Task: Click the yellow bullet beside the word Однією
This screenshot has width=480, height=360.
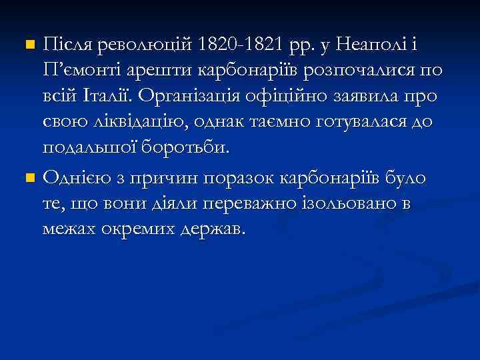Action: [x=28, y=179]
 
